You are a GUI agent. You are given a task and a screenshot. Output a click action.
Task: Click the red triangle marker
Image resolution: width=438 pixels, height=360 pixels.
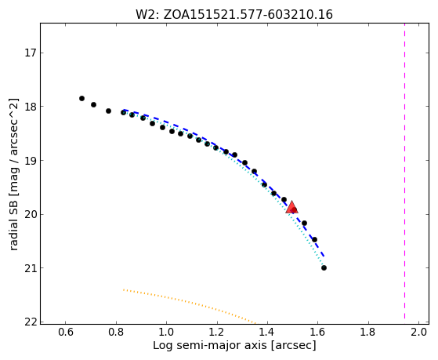click(292, 207)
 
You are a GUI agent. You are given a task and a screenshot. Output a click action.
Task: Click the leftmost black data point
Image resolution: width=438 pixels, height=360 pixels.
click(81, 99)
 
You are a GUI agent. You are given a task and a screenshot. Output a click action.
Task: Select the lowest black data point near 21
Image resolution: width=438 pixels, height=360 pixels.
click(324, 268)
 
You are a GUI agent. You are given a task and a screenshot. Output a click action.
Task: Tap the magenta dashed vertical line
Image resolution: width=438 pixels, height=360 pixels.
click(405, 173)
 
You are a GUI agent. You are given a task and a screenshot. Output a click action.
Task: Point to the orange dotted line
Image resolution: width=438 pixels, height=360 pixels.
click(190, 306)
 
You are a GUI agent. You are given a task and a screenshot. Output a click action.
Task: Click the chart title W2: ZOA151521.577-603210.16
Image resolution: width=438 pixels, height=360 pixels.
click(234, 15)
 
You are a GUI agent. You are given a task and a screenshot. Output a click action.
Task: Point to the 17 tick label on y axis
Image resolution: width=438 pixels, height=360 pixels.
click(31, 53)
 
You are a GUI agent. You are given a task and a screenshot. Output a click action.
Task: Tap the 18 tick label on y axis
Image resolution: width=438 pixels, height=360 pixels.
click(31, 107)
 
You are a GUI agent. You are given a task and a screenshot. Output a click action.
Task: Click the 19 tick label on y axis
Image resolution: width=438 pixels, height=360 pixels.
click(31, 161)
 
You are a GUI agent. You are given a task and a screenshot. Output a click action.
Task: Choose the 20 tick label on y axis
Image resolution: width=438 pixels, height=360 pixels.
click(31, 215)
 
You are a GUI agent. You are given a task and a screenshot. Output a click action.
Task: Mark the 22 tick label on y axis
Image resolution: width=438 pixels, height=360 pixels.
click(31, 322)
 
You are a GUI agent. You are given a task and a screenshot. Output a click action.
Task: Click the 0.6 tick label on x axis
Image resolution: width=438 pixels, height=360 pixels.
click(65, 332)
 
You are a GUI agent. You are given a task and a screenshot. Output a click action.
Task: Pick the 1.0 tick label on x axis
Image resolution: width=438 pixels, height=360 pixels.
click(166, 332)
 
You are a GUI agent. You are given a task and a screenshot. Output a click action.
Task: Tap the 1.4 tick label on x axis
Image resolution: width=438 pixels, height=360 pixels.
click(267, 332)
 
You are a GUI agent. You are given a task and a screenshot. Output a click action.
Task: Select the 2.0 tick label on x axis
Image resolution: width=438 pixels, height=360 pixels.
click(418, 332)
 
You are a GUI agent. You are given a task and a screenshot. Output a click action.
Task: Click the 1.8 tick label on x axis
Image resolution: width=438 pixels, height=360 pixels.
click(368, 332)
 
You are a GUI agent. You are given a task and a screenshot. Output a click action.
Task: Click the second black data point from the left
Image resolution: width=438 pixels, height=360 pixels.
click(93, 104)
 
